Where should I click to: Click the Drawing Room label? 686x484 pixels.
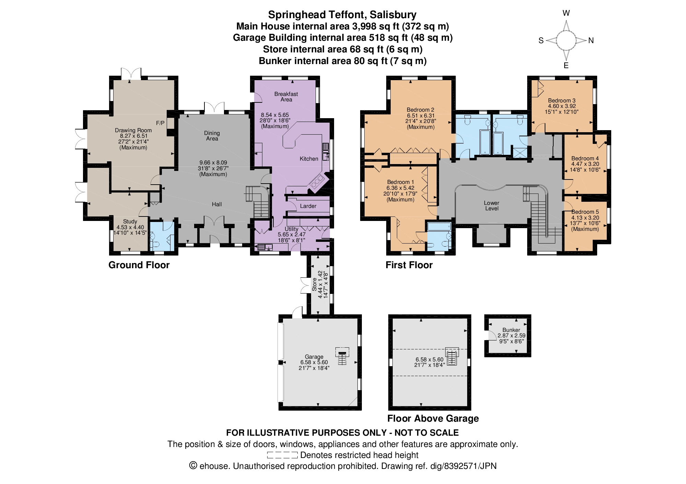click(x=133, y=130)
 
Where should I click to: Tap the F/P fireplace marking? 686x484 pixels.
click(x=160, y=123)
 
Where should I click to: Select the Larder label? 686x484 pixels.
click(x=308, y=206)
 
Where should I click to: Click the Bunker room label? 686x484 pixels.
click(x=511, y=330)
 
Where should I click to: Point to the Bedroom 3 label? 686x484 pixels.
click(x=561, y=100)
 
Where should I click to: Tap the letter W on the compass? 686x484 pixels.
click(x=566, y=13)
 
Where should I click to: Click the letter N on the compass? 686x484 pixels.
click(x=591, y=40)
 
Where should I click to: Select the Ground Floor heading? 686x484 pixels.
click(x=139, y=265)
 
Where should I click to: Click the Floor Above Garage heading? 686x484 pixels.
click(x=433, y=418)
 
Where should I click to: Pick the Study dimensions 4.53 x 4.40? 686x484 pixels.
click(x=130, y=227)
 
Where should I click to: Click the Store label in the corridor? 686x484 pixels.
click(x=314, y=284)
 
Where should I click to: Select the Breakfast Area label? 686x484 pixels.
click(x=286, y=97)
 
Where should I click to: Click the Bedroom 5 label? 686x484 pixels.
click(x=585, y=212)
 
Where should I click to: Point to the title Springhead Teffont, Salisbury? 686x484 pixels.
click(x=342, y=15)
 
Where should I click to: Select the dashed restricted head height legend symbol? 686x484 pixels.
click(x=282, y=455)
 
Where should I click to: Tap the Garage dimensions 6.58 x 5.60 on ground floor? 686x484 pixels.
click(x=314, y=362)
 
